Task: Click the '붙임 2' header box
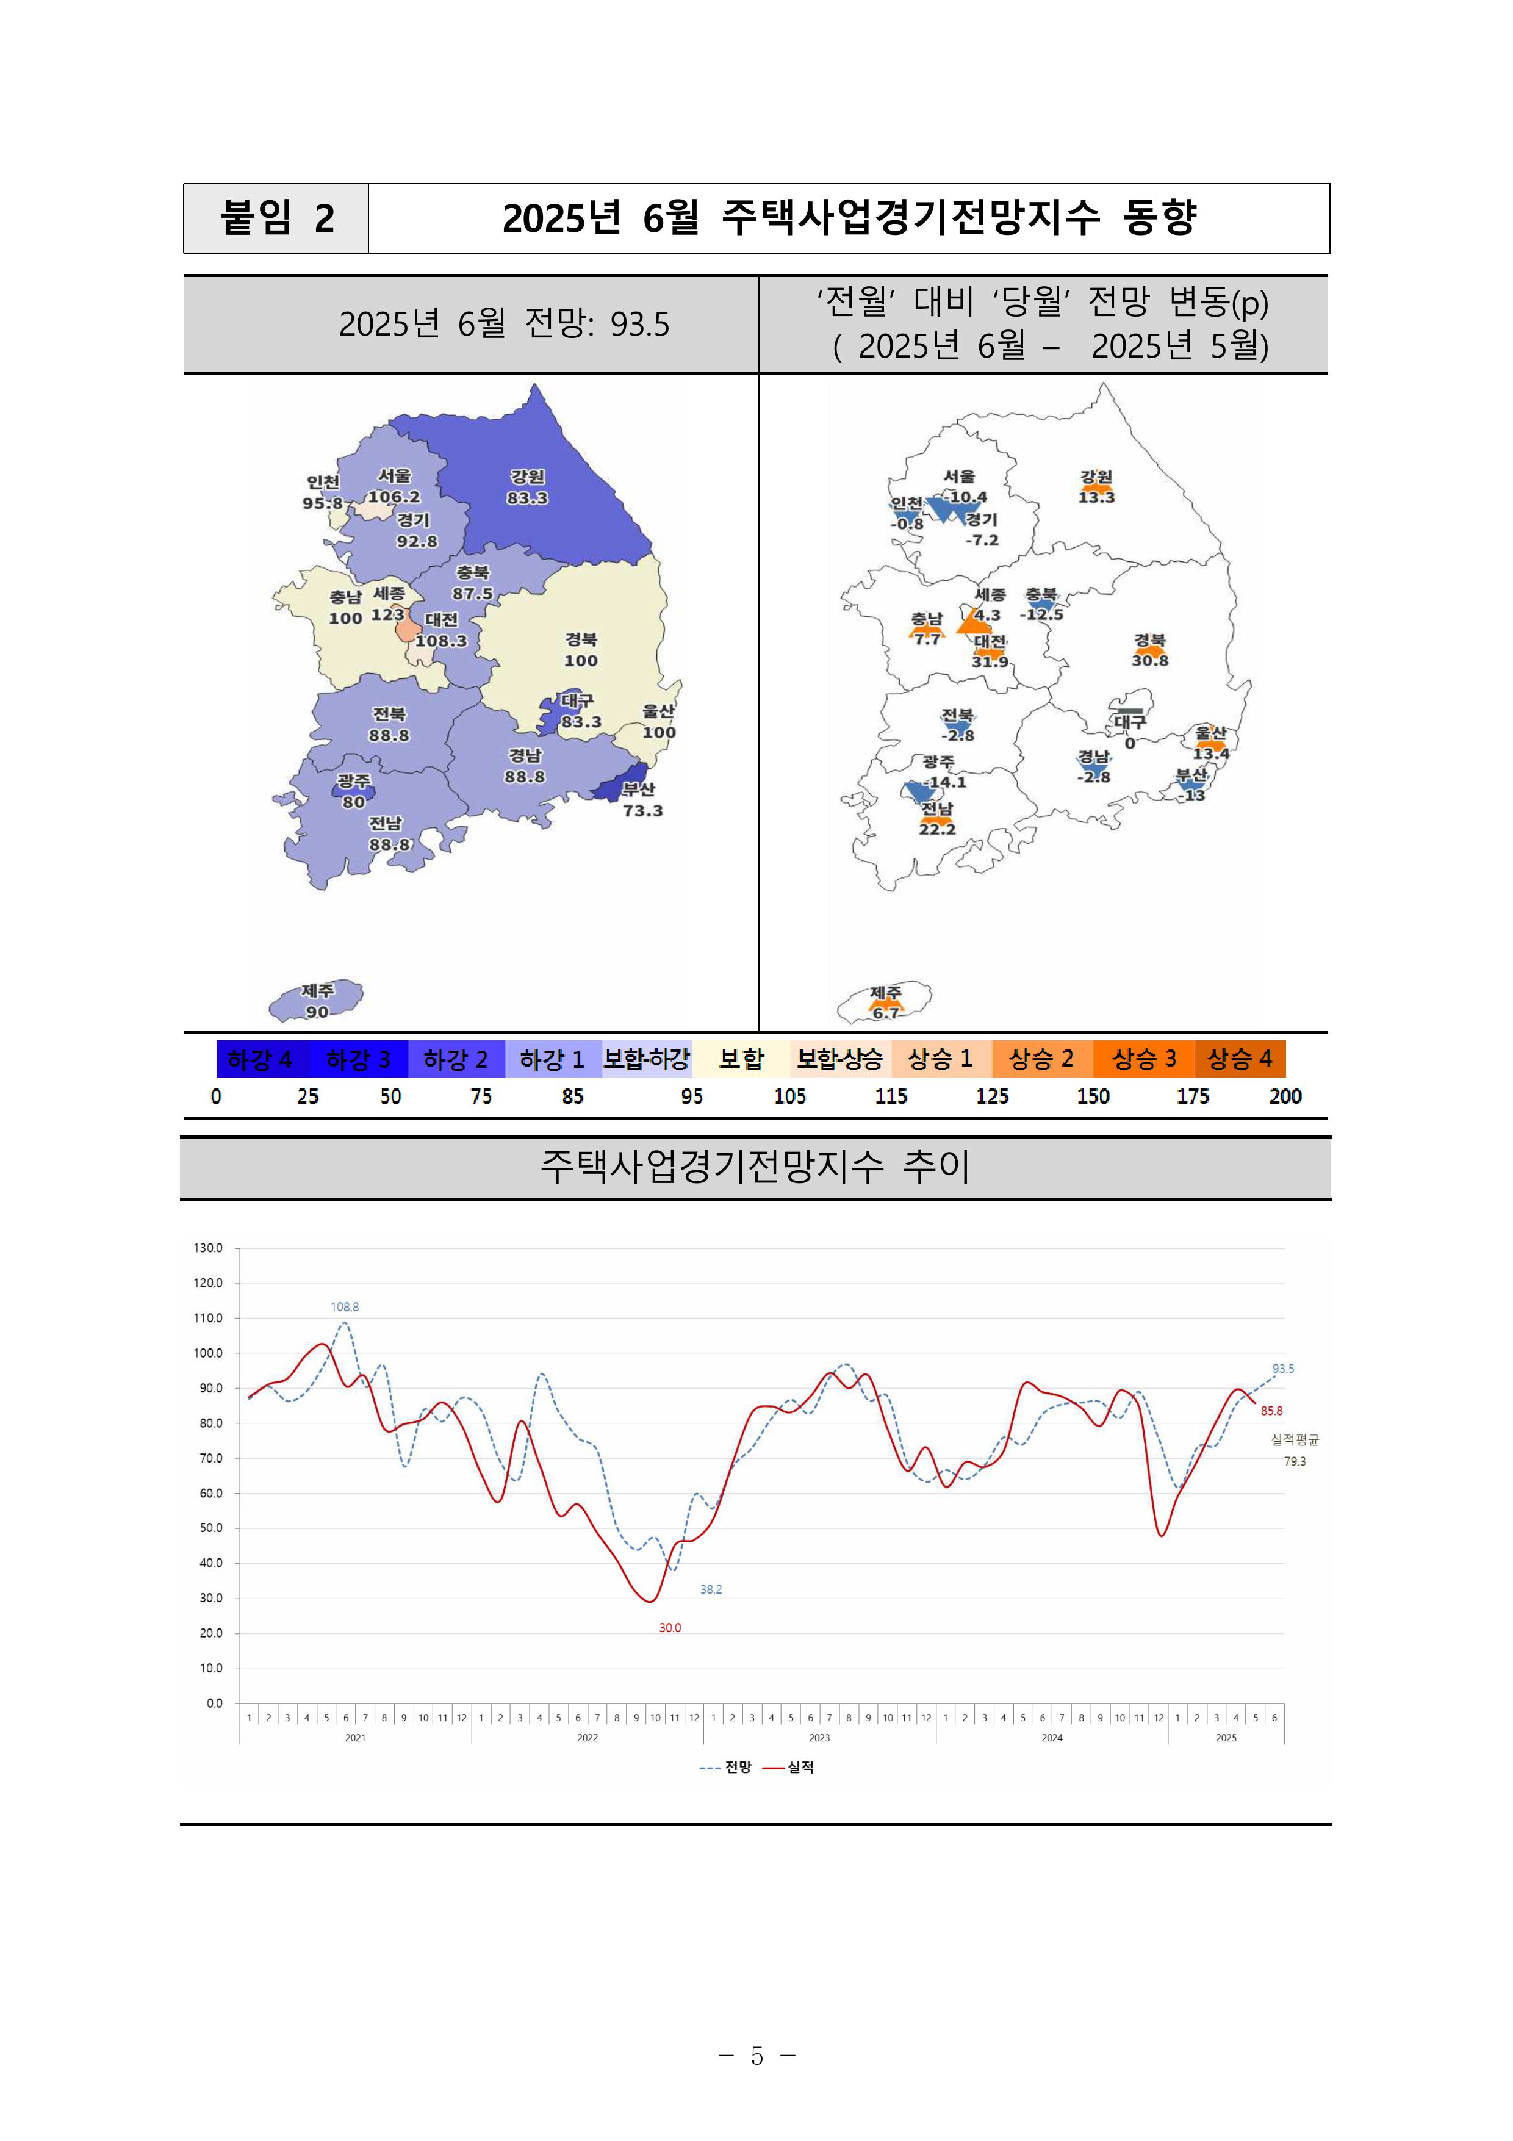(x=276, y=218)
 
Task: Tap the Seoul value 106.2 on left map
(x=394, y=497)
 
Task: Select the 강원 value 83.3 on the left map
(x=528, y=498)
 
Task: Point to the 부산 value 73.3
(x=642, y=810)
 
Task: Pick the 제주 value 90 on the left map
(x=317, y=1012)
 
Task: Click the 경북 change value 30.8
(x=1149, y=660)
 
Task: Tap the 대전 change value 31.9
(x=990, y=662)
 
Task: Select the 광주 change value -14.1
(x=945, y=782)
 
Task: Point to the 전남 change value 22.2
(x=937, y=829)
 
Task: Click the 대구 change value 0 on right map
(x=1130, y=743)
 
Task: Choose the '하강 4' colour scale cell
(x=259, y=1059)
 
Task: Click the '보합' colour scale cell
(x=741, y=1059)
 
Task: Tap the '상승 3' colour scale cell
(x=1144, y=1059)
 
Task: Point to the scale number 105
(x=789, y=1096)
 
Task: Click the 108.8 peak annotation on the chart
(x=345, y=1306)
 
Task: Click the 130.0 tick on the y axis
(x=208, y=1248)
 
